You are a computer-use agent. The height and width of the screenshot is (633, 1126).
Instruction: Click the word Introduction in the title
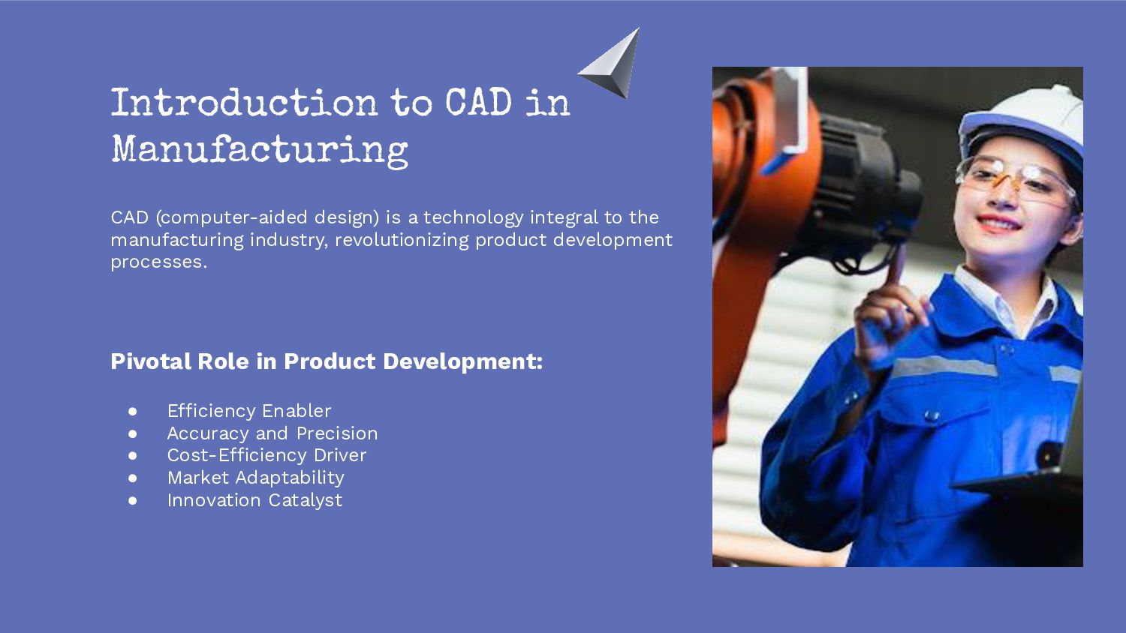click(x=244, y=103)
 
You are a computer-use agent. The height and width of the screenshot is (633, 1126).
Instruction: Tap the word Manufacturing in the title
click(x=260, y=150)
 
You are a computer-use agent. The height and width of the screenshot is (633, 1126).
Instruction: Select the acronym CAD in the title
click(x=478, y=103)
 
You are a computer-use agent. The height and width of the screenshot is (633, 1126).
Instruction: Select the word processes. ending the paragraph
click(x=158, y=262)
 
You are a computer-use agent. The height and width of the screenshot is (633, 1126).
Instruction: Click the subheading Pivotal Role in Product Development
click(x=326, y=361)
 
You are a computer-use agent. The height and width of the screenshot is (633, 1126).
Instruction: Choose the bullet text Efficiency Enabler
click(x=248, y=411)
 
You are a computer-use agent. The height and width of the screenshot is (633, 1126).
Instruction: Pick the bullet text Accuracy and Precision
click(x=272, y=433)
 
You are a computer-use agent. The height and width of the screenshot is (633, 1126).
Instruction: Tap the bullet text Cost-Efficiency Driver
click(x=266, y=455)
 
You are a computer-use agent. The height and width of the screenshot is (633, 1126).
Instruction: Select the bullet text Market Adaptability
click(x=255, y=478)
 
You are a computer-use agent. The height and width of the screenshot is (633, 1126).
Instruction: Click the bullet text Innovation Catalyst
click(x=254, y=500)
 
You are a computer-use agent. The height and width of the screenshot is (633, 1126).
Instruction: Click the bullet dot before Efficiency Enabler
click(x=133, y=411)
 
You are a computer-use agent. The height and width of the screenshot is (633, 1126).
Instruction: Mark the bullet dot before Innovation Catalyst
click(x=133, y=500)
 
